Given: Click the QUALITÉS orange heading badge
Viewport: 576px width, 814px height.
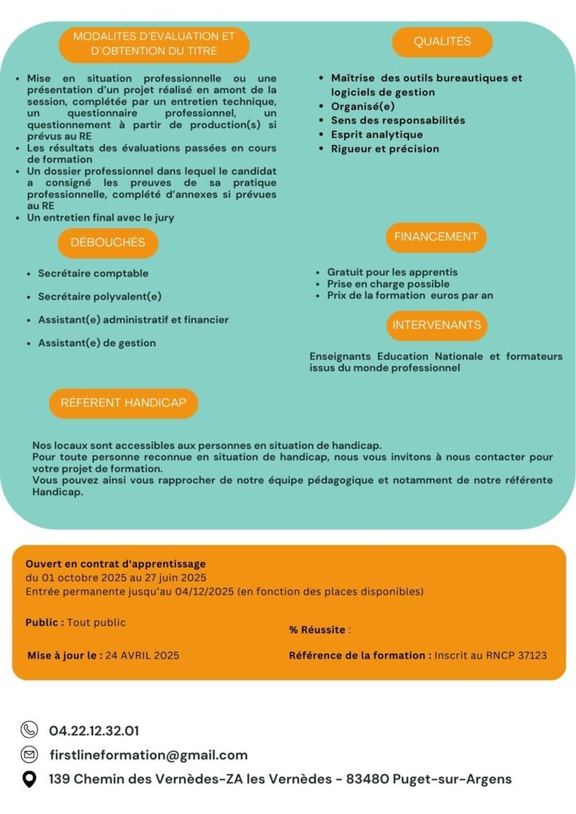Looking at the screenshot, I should tap(442, 41).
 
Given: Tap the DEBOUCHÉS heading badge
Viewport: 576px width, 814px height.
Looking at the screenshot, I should tap(107, 242).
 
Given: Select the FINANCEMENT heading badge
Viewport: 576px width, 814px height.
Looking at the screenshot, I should tap(436, 237).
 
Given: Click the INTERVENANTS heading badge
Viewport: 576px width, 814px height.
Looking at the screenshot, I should tap(437, 325).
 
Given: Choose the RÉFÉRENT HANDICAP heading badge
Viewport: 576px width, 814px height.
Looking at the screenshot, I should tap(123, 403).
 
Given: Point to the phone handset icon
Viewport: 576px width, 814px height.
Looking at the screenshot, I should tap(29, 730).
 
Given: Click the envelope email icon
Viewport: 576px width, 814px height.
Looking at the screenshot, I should tap(29, 754).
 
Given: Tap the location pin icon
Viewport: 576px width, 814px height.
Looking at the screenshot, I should tap(29, 779).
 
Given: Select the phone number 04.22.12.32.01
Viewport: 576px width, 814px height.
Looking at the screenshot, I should tap(94, 731).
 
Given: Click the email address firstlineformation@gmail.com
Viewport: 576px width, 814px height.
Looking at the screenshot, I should tap(148, 755).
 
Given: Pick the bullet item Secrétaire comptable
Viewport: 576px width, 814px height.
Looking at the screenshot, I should tap(93, 273).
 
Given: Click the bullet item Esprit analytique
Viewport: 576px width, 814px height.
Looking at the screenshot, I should tap(376, 134).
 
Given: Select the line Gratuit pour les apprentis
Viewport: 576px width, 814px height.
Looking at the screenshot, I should tap(392, 272).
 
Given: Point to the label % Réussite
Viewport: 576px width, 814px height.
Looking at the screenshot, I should tap(317, 630).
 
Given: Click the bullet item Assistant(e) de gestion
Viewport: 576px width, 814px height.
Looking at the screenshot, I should tap(97, 343).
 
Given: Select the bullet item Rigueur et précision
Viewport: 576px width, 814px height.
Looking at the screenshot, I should tap(384, 149).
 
